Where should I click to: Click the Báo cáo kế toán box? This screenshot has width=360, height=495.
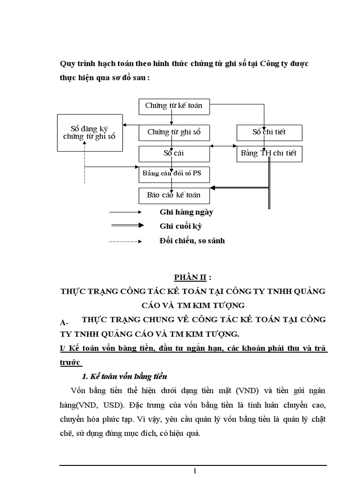click(174, 195)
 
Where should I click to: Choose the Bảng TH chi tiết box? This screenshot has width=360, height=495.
click(269, 154)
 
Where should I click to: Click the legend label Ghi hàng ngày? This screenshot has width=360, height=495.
click(186, 212)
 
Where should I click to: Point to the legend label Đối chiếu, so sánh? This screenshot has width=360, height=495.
click(192, 241)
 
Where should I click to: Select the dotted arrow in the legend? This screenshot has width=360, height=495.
click(125, 241)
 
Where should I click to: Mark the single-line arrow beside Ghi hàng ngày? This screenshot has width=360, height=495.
click(125, 212)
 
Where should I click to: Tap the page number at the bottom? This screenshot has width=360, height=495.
click(195, 471)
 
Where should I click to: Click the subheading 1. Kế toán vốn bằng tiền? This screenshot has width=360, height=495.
click(124, 376)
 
